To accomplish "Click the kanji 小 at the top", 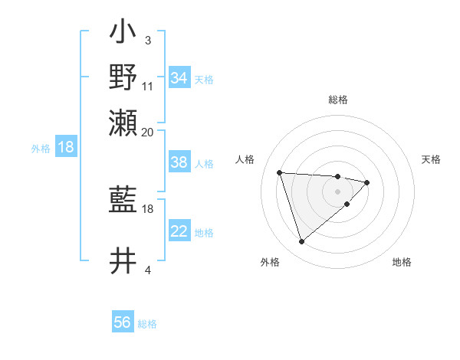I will [x=123, y=35].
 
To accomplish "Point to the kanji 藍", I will [x=123, y=201].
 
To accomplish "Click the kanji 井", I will [x=123, y=260].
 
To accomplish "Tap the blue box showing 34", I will [x=179, y=78].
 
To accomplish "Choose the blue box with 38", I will [x=179, y=163].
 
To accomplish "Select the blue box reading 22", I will [x=179, y=232].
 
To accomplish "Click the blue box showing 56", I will [x=123, y=322].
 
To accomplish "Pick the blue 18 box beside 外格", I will [x=66, y=148].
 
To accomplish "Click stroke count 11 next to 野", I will [x=148, y=86].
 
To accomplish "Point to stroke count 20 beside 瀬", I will [x=148, y=132].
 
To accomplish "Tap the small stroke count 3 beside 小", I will [x=147, y=40].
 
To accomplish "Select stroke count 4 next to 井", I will [x=147, y=270].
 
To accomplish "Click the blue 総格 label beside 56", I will [x=148, y=324].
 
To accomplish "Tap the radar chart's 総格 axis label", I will [x=338, y=100].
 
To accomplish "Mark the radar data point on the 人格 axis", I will [x=280, y=172].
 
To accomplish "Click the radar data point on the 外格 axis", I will [x=302, y=242].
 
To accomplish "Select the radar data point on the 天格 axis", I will [x=367, y=182].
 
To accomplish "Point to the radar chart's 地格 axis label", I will [x=402, y=262].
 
